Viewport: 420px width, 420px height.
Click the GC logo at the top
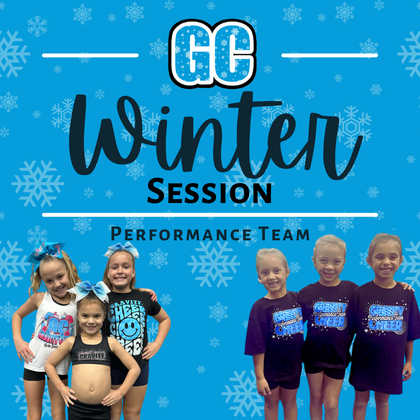212,53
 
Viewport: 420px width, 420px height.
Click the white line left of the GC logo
90,56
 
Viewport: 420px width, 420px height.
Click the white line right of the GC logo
329,56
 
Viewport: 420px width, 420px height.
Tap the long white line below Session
210,215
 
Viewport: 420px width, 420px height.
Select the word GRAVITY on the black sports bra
91,355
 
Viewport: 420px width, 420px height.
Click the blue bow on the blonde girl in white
47,253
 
